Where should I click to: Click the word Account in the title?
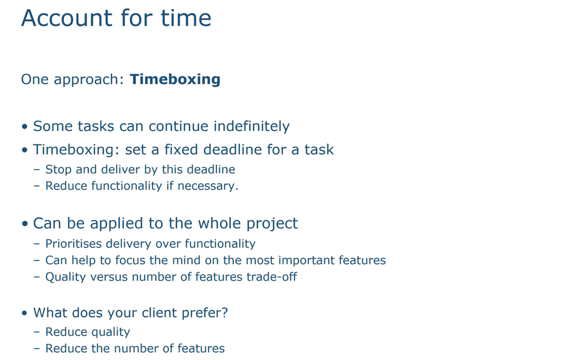point(67,18)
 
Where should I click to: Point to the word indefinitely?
point(252,127)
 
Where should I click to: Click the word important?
point(307,261)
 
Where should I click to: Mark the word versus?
point(109,277)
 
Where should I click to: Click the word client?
point(159,313)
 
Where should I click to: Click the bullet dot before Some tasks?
point(25,127)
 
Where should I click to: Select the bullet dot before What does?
point(25,313)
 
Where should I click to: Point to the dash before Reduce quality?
point(37,332)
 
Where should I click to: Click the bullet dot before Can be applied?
point(25,224)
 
